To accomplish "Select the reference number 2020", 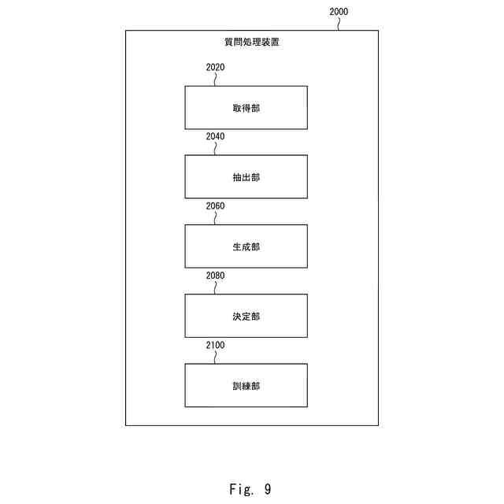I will pyautogui.click(x=215, y=68).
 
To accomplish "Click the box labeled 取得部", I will pyautogui.click(x=246, y=108).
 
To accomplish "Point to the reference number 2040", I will pyautogui.click(x=215, y=137).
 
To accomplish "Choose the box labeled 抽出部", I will pyautogui.click(x=246, y=177).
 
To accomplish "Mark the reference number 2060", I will pyautogui.click(x=215, y=206).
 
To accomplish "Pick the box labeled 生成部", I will pyautogui.click(x=246, y=246).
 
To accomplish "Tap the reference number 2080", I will pyautogui.click(x=215, y=276).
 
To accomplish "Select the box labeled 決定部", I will pyautogui.click(x=246, y=316).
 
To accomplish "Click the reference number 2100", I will pyautogui.click(x=215, y=345).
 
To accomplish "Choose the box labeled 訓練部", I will pyautogui.click(x=246, y=385).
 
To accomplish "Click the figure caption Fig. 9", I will pyautogui.click(x=250, y=490).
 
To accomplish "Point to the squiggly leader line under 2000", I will pyautogui.click(x=339, y=24).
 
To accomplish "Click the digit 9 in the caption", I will pyautogui.click(x=268, y=490).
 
